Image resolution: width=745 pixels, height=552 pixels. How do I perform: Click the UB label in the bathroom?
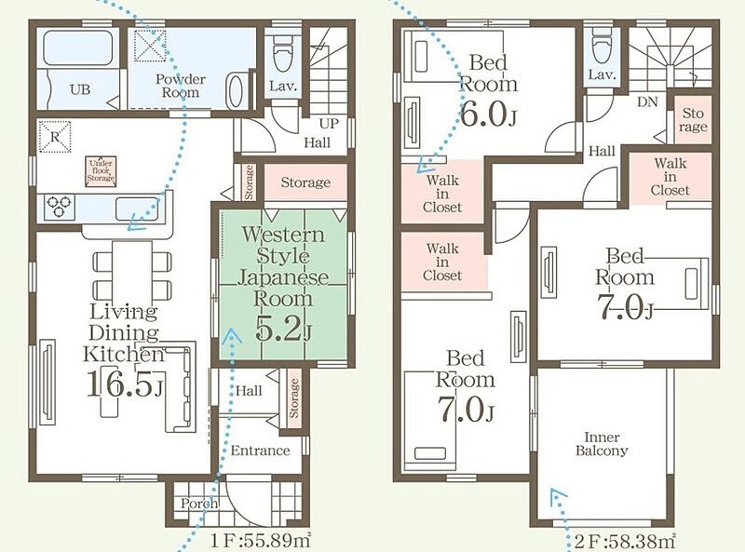click(x=80, y=89)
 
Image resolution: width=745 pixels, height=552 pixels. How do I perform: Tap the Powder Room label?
click(x=180, y=86)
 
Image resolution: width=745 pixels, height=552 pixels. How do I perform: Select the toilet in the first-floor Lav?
click(x=284, y=53)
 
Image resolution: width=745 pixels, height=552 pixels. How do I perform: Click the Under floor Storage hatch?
click(x=101, y=171)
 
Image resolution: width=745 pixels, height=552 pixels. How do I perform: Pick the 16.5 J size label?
click(x=125, y=383)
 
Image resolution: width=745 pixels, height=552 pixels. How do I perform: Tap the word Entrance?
click(x=260, y=451)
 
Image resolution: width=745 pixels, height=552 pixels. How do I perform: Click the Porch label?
click(x=199, y=504)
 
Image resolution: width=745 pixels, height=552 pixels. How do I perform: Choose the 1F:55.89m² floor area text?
click(x=261, y=540)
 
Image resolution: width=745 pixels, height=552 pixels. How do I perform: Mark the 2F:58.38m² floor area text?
click(x=625, y=541)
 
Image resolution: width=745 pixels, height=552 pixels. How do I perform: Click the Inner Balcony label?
click(x=602, y=444)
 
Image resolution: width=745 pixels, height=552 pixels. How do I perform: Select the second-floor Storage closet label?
click(x=693, y=120)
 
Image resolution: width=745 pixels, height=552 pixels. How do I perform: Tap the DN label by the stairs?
click(x=647, y=101)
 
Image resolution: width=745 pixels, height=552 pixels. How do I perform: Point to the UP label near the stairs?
click(x=329, y=124)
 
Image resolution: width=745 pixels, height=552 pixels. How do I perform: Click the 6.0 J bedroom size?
click(x=488, y=114)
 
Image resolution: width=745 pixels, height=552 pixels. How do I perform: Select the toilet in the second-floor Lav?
click(x=602, y=48)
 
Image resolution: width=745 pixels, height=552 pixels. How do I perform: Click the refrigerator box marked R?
click(x=55, y=137)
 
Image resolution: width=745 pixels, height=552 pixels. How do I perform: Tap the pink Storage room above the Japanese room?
click(x=305, y=182)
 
